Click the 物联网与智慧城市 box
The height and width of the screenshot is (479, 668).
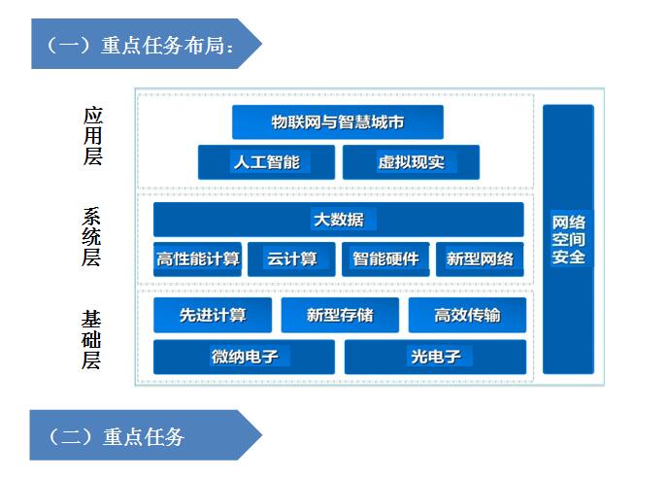tap(338, 121)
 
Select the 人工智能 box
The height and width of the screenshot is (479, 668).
tap(266, 162)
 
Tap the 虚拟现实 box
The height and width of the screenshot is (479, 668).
tap(411, 162)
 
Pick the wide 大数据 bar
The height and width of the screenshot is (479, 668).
tap(338, 220)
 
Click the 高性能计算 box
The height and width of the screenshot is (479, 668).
tap(197, 259)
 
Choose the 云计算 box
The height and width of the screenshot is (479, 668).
tap(291, 259)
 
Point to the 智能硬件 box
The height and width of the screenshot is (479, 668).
tap(385, 259)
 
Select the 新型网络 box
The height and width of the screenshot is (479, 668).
tap(480, 259)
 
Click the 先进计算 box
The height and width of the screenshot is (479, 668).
tap(213, 315)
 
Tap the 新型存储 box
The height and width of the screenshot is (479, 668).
tap(340, 315)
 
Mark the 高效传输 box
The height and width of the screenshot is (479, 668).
tap(467, 315)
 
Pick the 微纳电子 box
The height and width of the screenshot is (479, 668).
tap(244, 357)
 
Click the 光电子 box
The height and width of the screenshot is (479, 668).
tap(435, 357)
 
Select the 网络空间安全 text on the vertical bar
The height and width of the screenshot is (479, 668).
tap(568, 239)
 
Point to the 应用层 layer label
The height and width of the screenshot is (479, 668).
tap(93, 135)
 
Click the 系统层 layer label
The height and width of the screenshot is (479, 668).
tap(91, 237)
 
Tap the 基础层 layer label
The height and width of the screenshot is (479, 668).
tap(91, 340)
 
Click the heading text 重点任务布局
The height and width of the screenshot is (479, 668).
tap(162, 45)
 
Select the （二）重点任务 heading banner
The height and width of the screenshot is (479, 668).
tap(146, 435)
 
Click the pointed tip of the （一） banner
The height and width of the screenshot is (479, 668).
tap(261, 44)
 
